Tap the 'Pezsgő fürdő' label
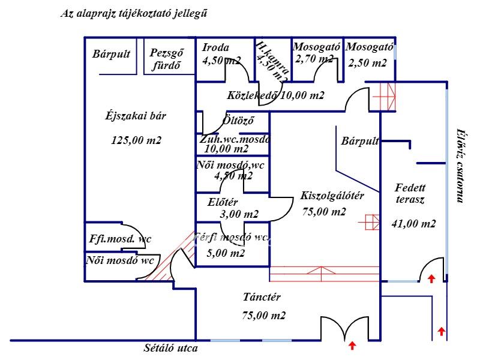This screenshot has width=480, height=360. tap(166, 59)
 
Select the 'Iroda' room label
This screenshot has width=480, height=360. tap(215, 48)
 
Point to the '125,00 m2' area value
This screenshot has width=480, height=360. tap(136, 140)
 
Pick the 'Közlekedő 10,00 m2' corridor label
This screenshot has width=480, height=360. tap(275, 95)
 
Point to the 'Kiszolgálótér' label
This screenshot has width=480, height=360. tap(332, 196)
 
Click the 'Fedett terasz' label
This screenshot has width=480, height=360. tap(410, 193)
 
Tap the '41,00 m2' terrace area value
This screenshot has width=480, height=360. tap(413, 224)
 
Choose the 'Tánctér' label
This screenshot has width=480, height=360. tap(262, 296)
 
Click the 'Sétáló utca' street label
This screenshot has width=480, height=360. tap(170, 347)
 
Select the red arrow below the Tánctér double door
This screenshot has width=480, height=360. tap(352, 345)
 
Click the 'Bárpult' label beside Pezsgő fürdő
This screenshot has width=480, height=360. tap(112, 54)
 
